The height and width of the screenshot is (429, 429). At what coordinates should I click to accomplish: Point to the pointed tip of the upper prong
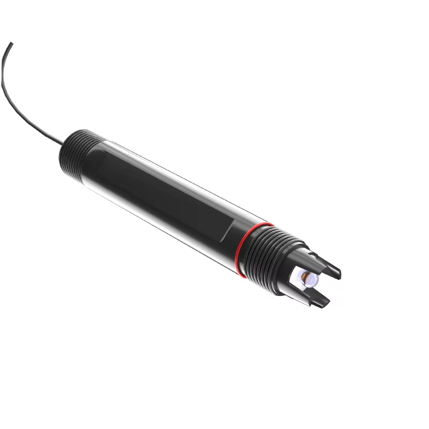[x=340, y=273]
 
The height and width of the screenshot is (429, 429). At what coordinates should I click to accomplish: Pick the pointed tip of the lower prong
[x=328, y=305]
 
